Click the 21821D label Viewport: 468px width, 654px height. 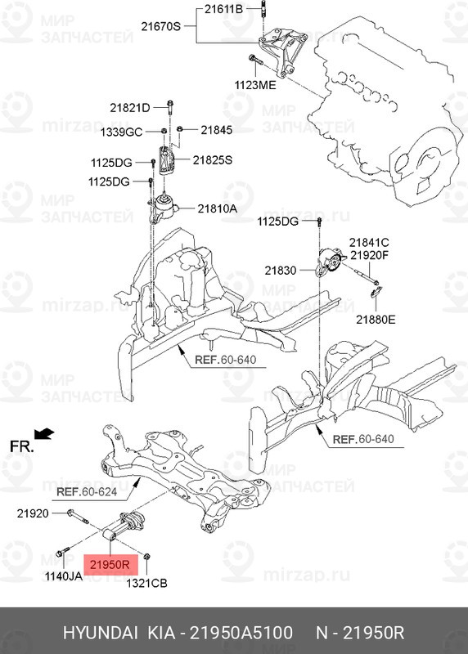[x=130, y=108]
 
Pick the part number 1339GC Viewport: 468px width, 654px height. [x=121, y=131]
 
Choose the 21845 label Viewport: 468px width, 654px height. [x=217, y=129]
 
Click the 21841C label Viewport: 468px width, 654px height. [x=369, y=242]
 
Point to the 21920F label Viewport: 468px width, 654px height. [x=370, y=255]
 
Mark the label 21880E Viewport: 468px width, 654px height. [x=375, y=319]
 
